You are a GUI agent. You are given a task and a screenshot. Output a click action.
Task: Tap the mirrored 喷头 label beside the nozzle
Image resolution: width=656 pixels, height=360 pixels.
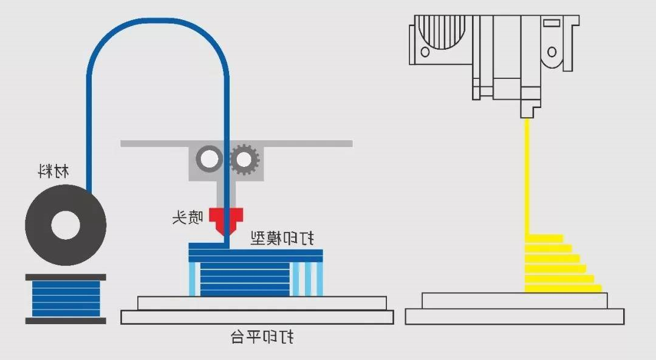pos(188,217)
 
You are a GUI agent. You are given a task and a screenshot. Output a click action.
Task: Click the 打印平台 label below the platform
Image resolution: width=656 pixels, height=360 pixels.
pos(263,336)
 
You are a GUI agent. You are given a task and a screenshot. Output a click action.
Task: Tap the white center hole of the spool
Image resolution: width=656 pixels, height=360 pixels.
pos(66,226)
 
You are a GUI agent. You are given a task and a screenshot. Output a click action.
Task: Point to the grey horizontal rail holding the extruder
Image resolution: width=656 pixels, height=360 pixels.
pos(304,144)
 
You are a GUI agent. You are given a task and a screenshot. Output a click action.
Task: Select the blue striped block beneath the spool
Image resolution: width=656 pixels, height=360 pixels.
pos(66,298)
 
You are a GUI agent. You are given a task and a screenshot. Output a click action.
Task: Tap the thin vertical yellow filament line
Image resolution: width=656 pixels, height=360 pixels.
pos(527,176)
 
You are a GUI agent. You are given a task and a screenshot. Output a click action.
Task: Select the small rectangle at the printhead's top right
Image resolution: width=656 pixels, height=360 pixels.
pos(552,25)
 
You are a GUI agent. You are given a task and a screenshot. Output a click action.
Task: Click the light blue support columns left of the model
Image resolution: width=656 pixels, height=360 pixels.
pos(194,279)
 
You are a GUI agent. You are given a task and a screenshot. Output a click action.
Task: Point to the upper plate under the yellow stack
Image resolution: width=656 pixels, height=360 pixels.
pos(514,300)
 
